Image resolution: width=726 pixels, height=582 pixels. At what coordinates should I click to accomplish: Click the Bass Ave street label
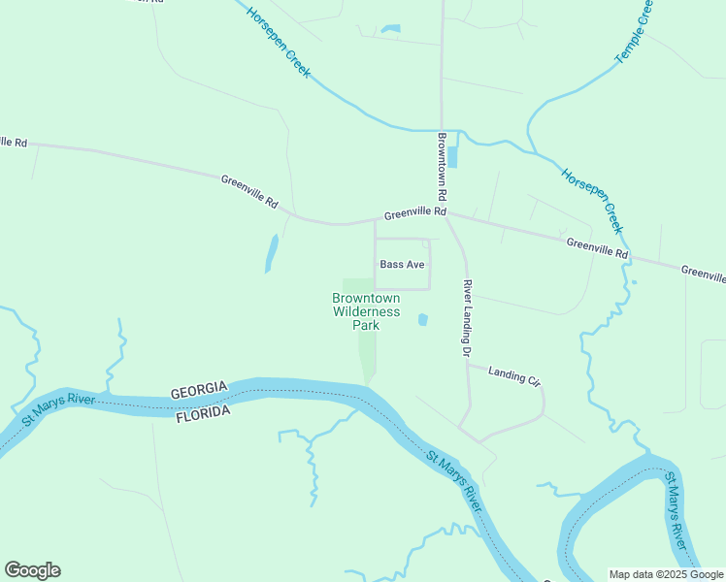point(402,264)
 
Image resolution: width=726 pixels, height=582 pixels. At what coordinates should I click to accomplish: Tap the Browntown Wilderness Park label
point(366,311)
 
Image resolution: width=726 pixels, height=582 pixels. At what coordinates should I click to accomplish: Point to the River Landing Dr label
point(467,316)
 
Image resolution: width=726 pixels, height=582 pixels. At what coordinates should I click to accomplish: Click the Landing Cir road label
point(513,373)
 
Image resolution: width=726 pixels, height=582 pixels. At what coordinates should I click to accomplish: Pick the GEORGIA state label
point(199,391)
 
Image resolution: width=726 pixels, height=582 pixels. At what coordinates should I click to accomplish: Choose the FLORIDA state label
point(203,412)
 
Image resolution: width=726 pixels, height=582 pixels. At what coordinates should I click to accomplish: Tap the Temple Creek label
point(635,33)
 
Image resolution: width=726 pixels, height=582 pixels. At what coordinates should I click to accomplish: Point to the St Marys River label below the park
point(453,482)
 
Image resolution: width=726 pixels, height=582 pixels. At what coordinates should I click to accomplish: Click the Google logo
point(32,570)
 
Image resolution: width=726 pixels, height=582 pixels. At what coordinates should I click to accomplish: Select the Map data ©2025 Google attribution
point(665,574)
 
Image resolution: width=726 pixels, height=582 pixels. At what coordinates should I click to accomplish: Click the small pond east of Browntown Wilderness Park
point(422,319)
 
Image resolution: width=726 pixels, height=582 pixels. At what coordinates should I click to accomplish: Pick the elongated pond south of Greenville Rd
point(271,254)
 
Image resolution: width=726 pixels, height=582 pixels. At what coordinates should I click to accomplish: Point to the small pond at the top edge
point(390,29)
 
